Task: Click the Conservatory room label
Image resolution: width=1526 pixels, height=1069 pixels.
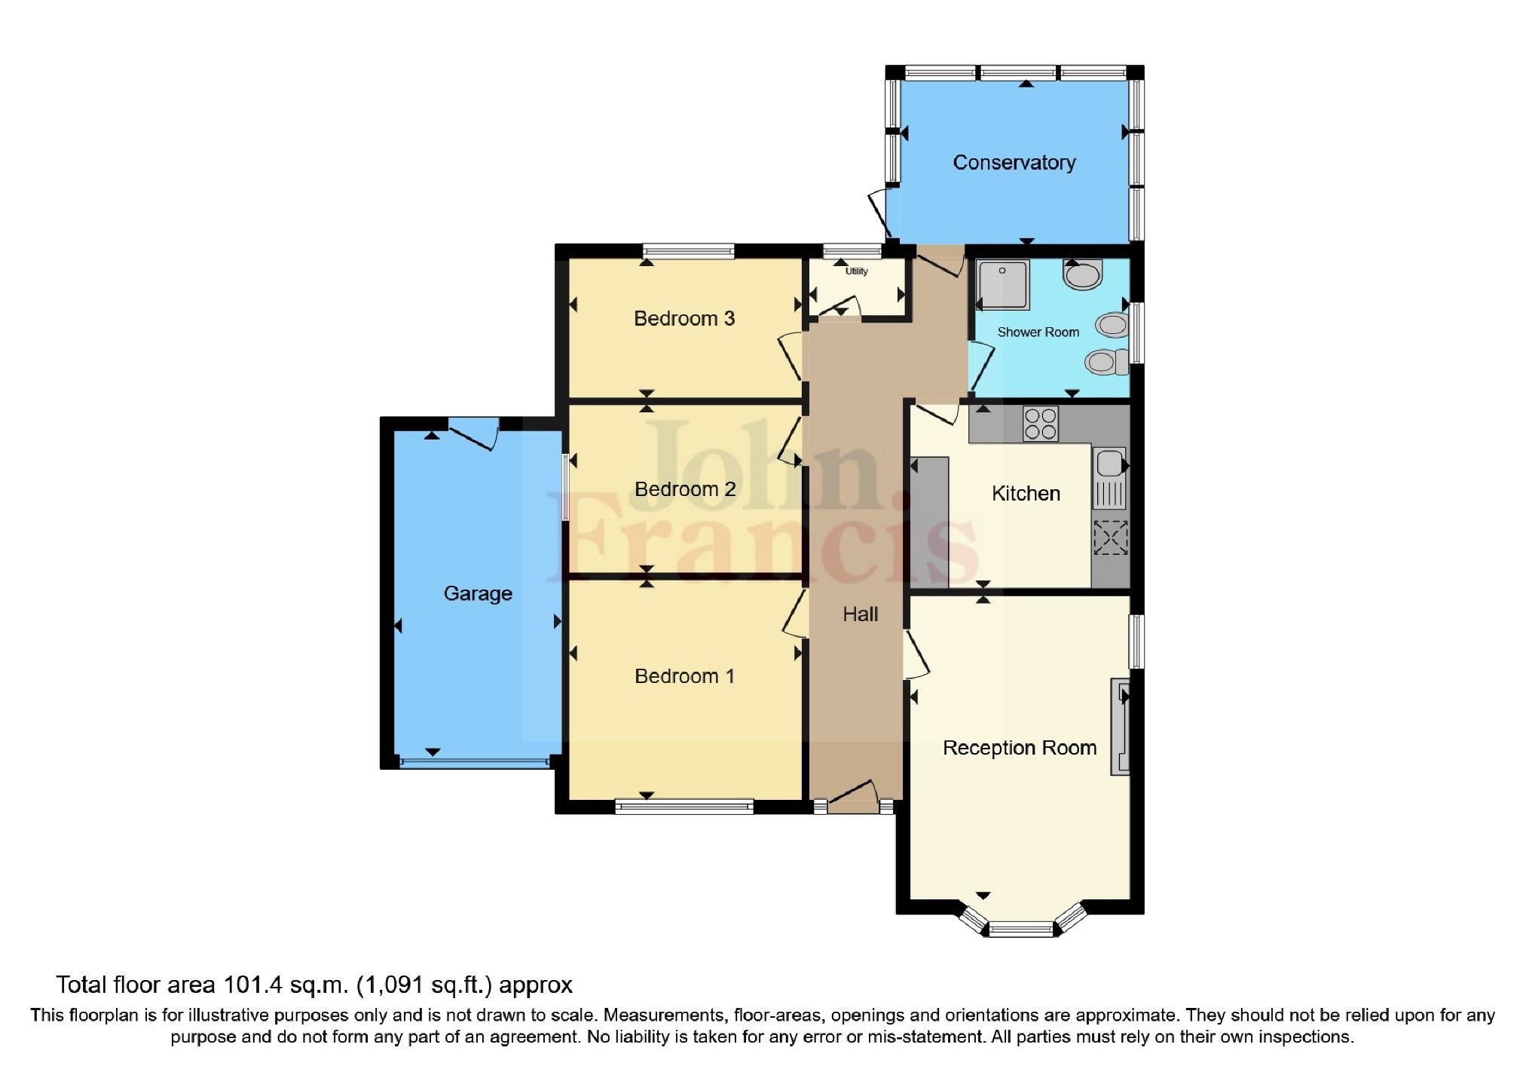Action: (1014, 162)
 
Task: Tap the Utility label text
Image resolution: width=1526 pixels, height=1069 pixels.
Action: (856, 271)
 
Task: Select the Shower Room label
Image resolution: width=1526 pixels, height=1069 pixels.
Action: (1038, 332)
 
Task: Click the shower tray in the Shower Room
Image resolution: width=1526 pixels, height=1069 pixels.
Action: (1002, 285)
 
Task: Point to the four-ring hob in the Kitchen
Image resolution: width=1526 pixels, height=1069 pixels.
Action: (1040, 423)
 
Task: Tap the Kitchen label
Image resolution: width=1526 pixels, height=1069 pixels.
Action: (1026, 493)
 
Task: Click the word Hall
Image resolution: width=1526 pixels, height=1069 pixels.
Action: (860, 614)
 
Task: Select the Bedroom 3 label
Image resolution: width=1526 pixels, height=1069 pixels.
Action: (683, 318)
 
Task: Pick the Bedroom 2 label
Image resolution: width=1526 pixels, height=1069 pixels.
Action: (684, 489)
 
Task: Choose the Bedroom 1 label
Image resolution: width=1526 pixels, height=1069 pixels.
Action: (683, 676)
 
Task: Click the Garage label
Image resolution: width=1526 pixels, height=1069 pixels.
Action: (477, 593)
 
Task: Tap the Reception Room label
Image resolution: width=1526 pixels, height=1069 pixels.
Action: (1019, 748)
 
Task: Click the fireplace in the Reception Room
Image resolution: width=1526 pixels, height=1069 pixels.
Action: (1120, 727)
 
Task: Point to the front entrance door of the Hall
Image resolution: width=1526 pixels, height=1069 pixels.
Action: (853, 798)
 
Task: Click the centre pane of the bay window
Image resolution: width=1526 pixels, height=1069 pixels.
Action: (1020, 929)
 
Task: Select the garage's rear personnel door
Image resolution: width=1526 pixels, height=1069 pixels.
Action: (473, 433)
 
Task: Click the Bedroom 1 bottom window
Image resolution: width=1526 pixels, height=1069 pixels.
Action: (683, 807)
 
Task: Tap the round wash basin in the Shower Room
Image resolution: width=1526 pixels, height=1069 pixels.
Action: (1083, 276)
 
